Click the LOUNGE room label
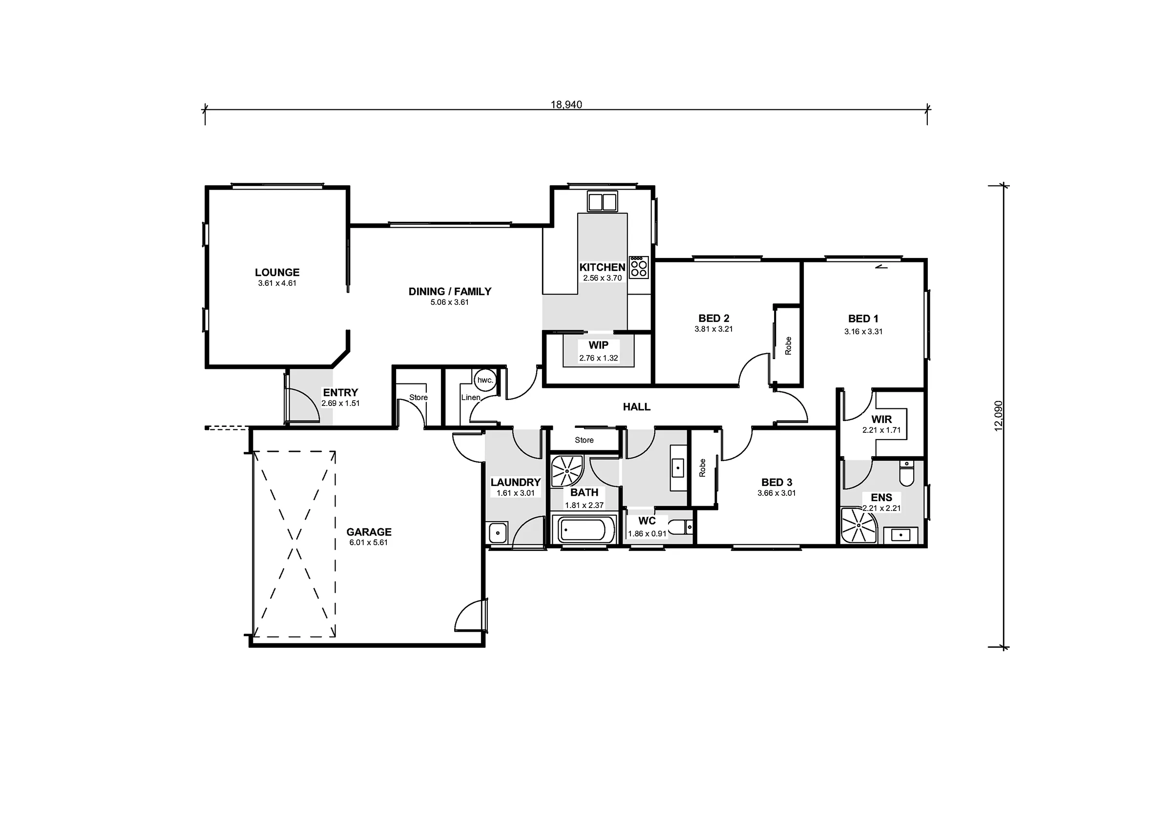[x=277, y=272]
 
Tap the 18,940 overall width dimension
[x=566, y=105]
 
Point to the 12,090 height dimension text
[x=999, y=416]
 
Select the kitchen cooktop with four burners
[x=639, y=267]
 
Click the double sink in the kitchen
[x=602, y=201]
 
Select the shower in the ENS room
[x=858, y=525]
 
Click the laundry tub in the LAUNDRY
[x=498, y=533]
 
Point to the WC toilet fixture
[x=680, y=526]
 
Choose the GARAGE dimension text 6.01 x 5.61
[x=369, y=542]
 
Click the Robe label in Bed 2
[x=788, y=346]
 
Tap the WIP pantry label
[x=598, y=345]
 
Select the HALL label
[x=636, y=406]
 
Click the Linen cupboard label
[x=471, y=397]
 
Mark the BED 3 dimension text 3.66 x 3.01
[x=776, y=493]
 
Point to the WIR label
[x=881, y=419]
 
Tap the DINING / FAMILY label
[x=450, y=292]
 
